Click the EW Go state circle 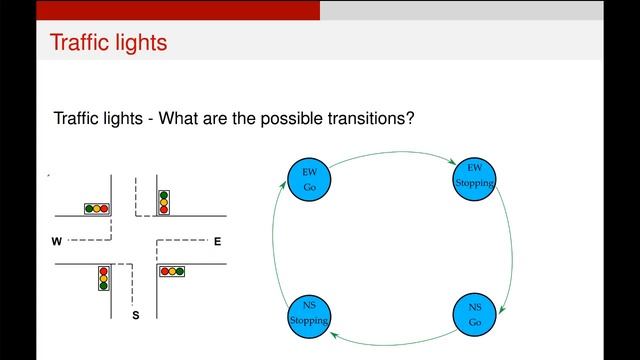pyautogui.click(x=309, y=179)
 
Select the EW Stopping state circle pyautogui.click(x=474, y=176)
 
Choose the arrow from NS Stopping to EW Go pyautogui.click(x=275, y=245)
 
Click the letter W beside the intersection pyautogui.click(x=56, y=242)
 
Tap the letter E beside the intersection pyautogui.click(x=217, y=241)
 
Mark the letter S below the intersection pyautogui.click(x=136, y=316)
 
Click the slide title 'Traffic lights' pyautogui.click(x=108, y=44)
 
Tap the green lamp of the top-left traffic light pyautogui.click(x=89, y=209)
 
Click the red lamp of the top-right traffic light pyautogui.click(x=163, y=209)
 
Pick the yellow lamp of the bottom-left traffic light pyautogui.click(x=103, y=278)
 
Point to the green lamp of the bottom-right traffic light pyautogui.click(x=164, y=271)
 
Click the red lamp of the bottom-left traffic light pyautogui.click(x=103, y=270)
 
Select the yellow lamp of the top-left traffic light pyautogui.click(x=96, y=209)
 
